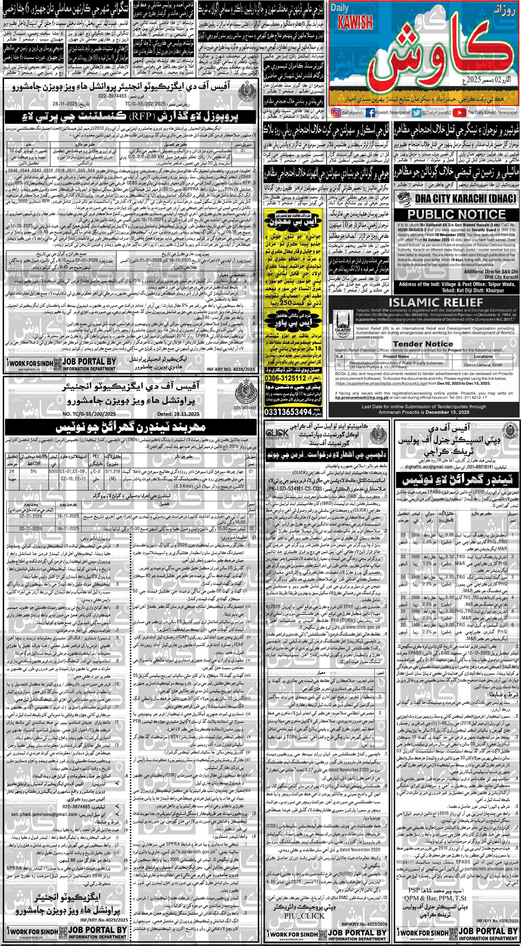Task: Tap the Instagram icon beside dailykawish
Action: coord(336,112)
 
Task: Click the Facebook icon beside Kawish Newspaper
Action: coord(369,112)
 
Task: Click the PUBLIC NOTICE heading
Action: coord(456,214)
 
